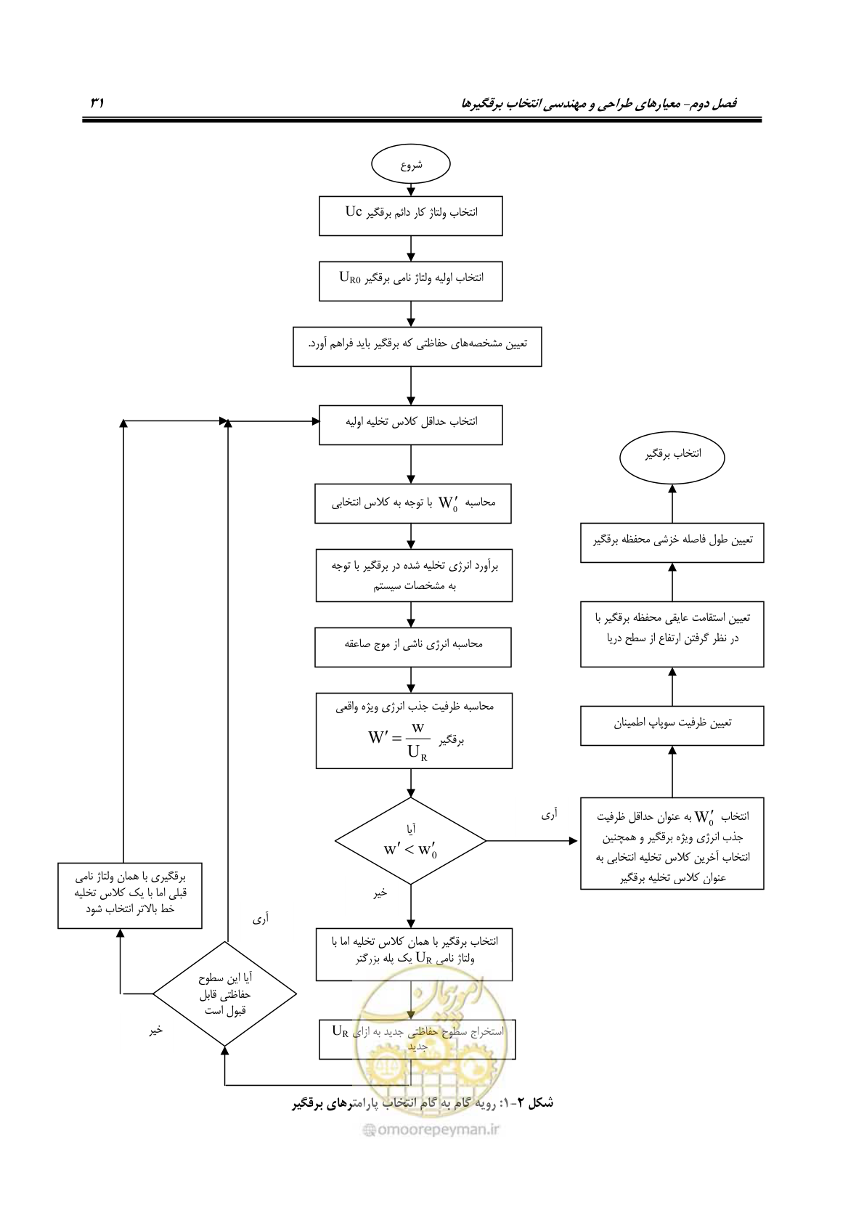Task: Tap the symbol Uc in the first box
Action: (353, 212)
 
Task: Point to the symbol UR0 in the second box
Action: (350, 278)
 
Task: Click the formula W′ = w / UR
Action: (399, 741)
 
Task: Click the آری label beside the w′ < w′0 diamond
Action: (549, 815)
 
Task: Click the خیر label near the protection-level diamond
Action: (156, 1030)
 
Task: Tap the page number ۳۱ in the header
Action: (97, 102)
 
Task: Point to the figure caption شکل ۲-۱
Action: (423, 1103)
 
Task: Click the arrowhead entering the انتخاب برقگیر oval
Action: (672, 489)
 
